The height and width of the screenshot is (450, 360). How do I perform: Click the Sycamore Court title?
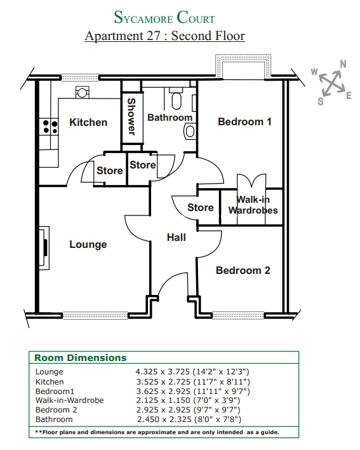(x=164, y=17)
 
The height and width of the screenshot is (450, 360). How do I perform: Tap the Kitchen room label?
(x=88, y=122)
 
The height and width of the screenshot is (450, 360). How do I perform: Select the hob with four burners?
(x=50, y=127)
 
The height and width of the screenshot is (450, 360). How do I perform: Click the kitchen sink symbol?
(x=83, y=93)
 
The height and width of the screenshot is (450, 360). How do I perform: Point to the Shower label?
(x=131, y=116)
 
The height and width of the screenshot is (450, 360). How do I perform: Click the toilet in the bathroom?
(x=176, y=99)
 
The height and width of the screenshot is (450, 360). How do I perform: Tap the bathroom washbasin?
(x=190, y=132)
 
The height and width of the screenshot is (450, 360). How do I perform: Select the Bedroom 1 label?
(x=244, y=121)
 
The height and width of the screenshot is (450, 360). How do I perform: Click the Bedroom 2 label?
(x=243, y=270)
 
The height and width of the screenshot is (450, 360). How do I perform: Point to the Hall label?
(x=177, y=237)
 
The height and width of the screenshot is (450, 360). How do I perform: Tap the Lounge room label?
(x=88, y=245)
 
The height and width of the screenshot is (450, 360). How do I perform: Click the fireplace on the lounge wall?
(x=44, y=248)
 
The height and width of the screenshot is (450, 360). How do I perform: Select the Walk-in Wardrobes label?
(x=253, y=205)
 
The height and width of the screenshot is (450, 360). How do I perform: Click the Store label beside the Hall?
(x=201, y=207)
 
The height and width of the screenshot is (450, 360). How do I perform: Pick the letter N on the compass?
(x=343, y=64)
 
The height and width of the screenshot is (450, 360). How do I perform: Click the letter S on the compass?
(x=321, y=101)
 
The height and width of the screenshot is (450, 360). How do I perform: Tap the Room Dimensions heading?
(x=80, y=358)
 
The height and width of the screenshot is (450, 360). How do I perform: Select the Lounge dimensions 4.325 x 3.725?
(x=163, y=372)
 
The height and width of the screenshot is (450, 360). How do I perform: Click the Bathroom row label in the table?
(x=54, y=419)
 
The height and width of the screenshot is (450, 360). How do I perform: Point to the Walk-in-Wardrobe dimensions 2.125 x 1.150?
(x=163, y=400)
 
